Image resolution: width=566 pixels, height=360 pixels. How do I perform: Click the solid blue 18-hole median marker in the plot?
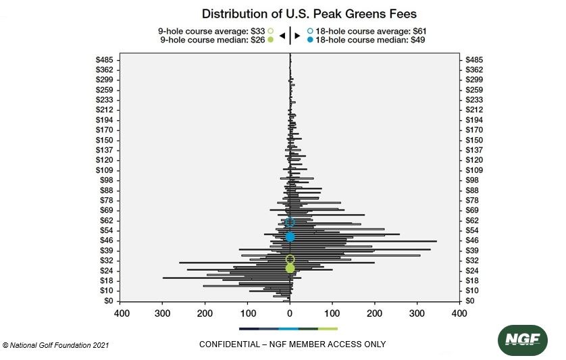pos(290,237)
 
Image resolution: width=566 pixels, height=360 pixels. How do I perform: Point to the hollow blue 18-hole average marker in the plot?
pos(290,222)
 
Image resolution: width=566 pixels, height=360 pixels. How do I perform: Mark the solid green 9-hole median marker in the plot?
pos(290,268)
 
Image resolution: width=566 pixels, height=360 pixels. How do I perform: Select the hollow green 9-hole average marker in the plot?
pos(290,259)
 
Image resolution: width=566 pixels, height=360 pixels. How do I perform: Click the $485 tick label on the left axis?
pos(105,60)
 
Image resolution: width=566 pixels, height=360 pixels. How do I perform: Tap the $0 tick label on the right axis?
pos(471,301)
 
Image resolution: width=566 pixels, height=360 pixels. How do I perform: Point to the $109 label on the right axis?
pos(474,170)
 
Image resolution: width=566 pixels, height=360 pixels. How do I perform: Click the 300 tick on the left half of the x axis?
pos(163,314)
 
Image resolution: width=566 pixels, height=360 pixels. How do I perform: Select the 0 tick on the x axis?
pos(290,314)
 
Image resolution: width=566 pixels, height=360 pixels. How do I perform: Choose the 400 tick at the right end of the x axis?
pos(459,314)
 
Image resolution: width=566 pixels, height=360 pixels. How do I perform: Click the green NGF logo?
pos(522,340)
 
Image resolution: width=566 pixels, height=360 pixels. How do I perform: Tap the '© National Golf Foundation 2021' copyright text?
pos(56,345)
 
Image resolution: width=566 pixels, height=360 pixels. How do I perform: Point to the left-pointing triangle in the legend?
pos(282,35)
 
